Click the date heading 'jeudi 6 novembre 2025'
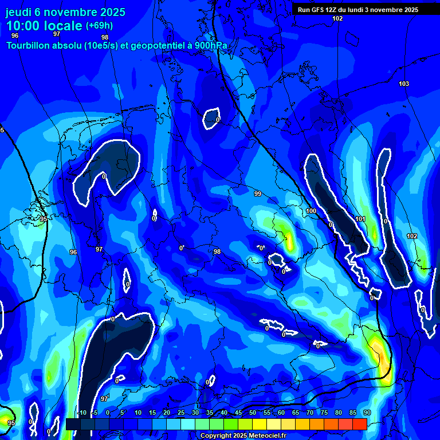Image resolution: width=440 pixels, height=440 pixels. point(66,12)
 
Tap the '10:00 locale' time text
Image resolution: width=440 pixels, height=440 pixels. point(45,26)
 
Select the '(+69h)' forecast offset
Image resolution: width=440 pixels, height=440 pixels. point(99,26)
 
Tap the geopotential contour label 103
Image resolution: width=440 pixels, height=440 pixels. point(404,84)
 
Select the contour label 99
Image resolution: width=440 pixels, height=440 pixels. point(258,194)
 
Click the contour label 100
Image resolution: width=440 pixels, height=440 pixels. point(311,211)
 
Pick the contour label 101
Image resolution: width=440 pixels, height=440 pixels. point(360,219)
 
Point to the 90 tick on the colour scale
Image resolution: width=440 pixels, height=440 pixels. point(367,413)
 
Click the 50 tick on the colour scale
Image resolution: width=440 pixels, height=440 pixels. point(253,413)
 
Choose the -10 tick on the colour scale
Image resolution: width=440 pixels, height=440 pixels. point(81,413)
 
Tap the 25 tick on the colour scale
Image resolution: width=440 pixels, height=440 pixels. point(181,413)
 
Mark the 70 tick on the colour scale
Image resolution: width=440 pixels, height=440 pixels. point(310,413)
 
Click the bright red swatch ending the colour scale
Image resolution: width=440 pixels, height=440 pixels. point(360,424)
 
